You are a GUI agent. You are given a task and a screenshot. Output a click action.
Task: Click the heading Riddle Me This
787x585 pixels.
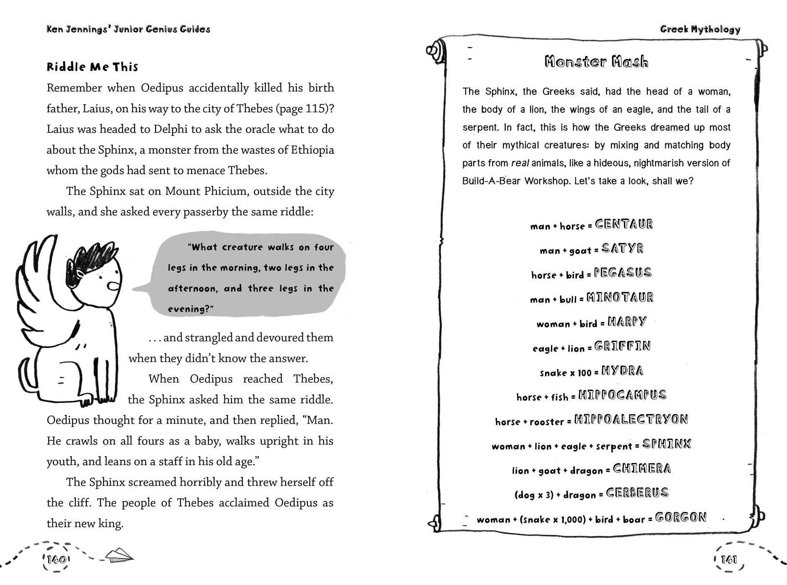pos(92,67)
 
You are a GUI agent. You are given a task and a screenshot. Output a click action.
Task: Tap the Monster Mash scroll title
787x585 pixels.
pos(596,62)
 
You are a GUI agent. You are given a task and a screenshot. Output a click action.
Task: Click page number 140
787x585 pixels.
pos(56,559)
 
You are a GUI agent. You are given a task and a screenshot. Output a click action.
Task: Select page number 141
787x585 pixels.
pos(729,559)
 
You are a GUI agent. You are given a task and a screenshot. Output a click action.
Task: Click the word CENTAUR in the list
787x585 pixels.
pos(624,224)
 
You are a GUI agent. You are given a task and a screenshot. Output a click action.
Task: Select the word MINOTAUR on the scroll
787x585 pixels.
pos(620,298)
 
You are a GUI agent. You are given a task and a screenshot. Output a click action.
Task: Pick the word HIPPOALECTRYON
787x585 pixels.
pos(631,419)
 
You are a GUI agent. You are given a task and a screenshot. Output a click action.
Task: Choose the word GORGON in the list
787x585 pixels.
pos(681,518)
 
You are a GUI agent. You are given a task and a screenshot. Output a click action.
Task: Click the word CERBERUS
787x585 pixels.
pos(637,493)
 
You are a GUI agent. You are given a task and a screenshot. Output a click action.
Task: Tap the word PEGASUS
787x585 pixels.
pos(623,273)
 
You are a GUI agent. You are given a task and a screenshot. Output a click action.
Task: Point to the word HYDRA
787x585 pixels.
pos(622,371)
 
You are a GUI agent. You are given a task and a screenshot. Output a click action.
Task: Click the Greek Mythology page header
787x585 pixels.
pos(700,29)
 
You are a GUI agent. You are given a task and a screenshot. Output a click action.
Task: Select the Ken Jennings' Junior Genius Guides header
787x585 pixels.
pos(128,29)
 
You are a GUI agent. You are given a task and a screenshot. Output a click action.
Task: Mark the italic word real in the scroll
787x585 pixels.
pos(519,163)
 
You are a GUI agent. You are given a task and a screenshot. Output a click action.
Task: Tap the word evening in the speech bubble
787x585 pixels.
pos(188,309)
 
